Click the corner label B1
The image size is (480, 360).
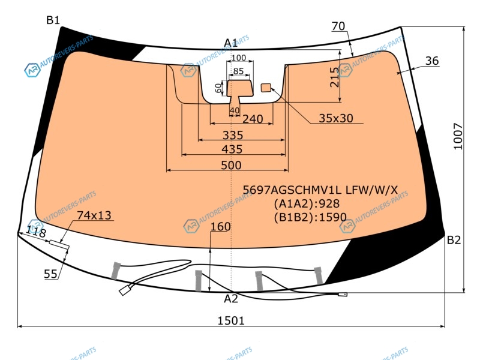(x=53, y=20)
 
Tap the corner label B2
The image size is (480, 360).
(x=454, y=240)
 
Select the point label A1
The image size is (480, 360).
(x=230, y=43)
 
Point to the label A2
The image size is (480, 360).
(x=231, y=298)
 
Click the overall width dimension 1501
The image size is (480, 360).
(x=231, y=320)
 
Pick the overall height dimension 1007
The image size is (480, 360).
(x=458, y=136)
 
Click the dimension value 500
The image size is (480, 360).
(x=231, y=166)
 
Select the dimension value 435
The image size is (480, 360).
(x=232, y=149)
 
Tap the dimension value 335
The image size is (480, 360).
(x=233, y=135)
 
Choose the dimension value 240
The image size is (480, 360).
(x=253, y=119)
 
